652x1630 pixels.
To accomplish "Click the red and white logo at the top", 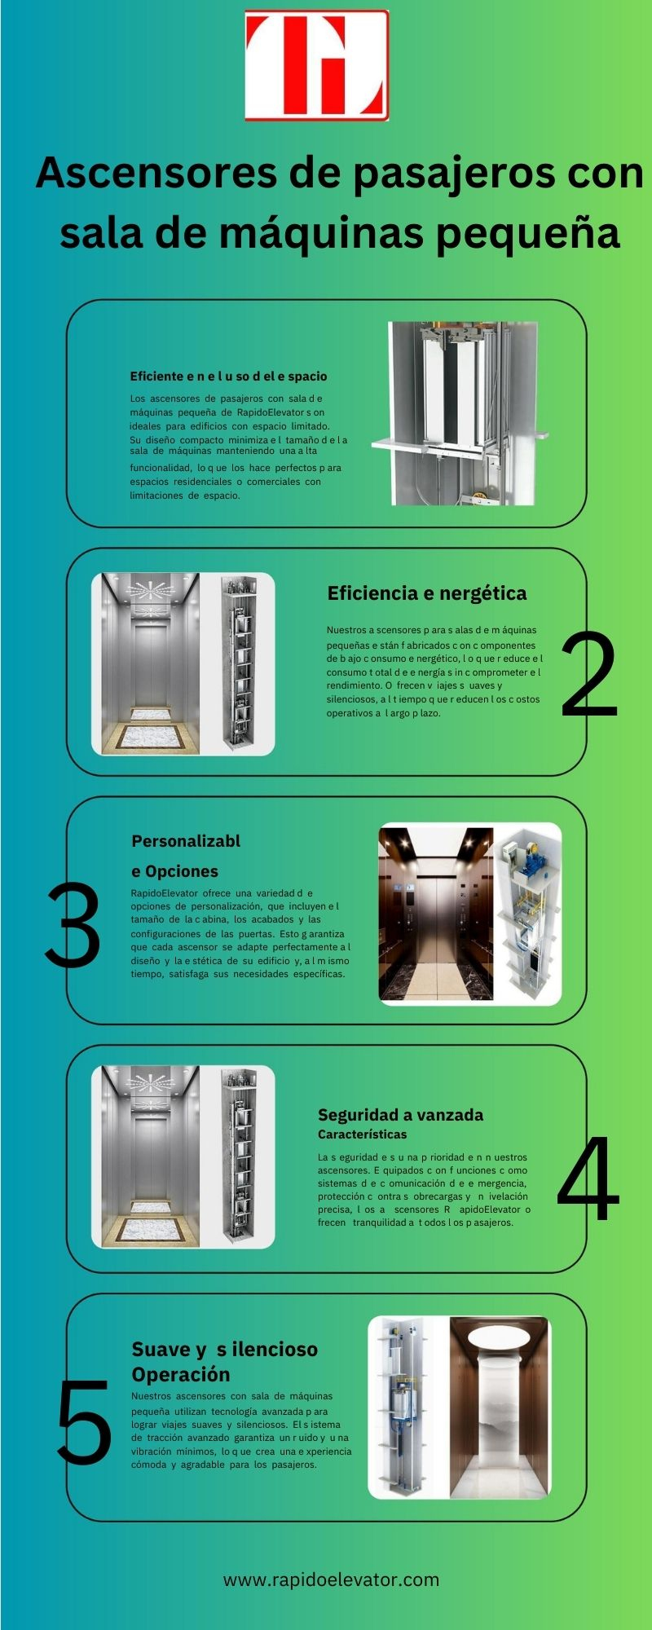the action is pos(317,66).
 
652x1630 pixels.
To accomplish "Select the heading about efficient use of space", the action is pos(228,377).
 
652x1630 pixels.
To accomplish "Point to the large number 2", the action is pos(588,677).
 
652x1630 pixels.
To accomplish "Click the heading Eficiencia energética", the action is pos(427,593).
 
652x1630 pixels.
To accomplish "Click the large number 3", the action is pos(73,926).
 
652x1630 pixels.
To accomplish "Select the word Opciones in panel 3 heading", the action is pos(181,871).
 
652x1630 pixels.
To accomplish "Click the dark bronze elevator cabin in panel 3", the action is pos(436,914).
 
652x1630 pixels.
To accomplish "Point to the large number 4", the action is pos(588,1178).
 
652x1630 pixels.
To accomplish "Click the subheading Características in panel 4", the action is pos(362,1134).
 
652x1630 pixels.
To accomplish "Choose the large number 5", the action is pos(84,1421).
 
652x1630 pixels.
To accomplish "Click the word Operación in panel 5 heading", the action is pos(181,1375).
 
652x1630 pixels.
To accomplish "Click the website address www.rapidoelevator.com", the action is pos(332,1579).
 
